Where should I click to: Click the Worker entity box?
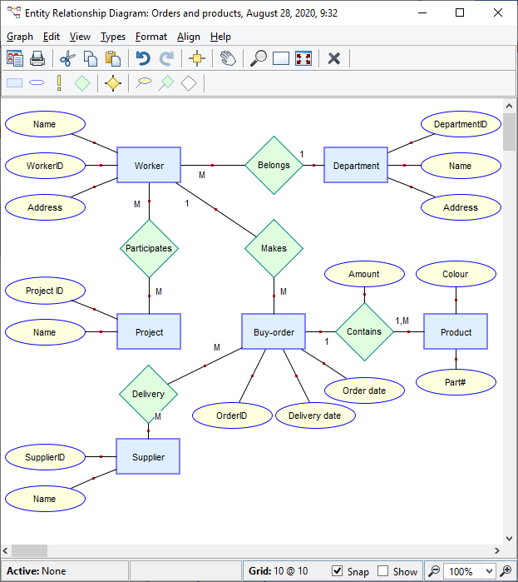pyautogui.click(x=149, y=165)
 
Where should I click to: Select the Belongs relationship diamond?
pyautogui.click(x=274, y=165)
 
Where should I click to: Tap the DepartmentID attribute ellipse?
pyautogui.click(x=460, y=124)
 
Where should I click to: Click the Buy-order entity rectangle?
pyautogui.click(x=274, y=331)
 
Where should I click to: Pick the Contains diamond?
pyautogui.click(x=364, y=331)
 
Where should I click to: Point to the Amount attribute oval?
pyautogui.click(x=363, y=274)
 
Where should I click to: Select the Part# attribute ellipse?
pyautogui.click(x=456, y=382)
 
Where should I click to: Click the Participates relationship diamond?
pyautogui.click(x=149, y=248)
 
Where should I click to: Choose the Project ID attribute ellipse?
pyautogui.click(x=44, y=291)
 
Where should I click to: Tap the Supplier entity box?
pyautogui.click(x=148, y=456)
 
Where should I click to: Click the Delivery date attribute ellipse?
pyautogui.click(x=314, y=415)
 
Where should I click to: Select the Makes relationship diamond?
pyautogui.click(x=274, y=248)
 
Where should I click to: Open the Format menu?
pyautogui.click(x=151, y=37)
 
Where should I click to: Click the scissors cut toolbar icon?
pyautogui.click(x=67, y=58)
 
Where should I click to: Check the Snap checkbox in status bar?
pyautogui.click(x=337, y=571)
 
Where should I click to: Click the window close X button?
pyautogui.click(x=497, y=13)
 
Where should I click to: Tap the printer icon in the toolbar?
pyautogui.click(x=37, y=58)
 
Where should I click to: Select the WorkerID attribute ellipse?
pyautogui.click(x=45, y=166)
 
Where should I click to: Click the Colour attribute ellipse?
pyautogui.click(x=455, y=274)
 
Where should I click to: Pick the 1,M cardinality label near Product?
pyautogui.click(x=402, y=321)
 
